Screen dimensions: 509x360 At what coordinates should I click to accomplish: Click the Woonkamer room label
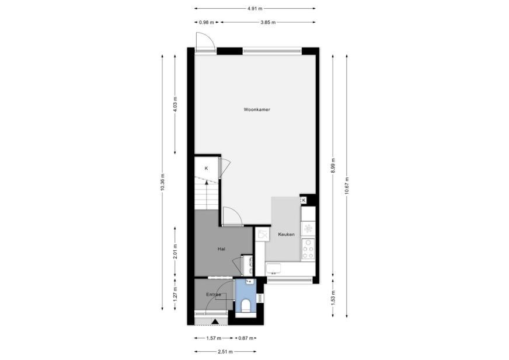point(257,110)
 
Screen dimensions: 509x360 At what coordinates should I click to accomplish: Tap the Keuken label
point(286,235)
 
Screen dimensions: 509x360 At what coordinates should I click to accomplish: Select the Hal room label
point(221,249)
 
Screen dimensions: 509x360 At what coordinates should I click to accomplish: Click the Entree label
point(214,295)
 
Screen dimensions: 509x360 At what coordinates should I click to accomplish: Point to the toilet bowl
point(246,306)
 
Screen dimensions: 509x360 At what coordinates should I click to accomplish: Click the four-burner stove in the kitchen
point(308,249)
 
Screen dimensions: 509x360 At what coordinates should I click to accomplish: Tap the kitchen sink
point(274,268)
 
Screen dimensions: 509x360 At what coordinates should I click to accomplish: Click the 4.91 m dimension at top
point(255,9)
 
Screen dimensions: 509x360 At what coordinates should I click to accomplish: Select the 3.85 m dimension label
point(268,22)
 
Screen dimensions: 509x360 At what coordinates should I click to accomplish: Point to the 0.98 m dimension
point(207,22)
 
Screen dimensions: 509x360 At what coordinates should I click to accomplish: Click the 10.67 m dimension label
point(347,186)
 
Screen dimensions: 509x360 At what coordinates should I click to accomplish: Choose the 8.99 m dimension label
point(333,166)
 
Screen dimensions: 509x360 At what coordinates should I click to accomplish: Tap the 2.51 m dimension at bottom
point(225,352)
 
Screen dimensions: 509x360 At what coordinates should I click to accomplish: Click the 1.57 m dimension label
point(214,338)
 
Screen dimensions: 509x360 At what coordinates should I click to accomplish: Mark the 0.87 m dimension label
point(246,338)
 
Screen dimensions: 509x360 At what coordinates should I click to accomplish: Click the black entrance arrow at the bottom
point(215,321)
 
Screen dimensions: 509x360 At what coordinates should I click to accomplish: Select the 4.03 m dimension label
point(175,104)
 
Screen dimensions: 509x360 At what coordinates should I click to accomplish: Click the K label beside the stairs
point(206,169)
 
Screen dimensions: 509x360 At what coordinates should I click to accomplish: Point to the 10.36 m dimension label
point(163,182)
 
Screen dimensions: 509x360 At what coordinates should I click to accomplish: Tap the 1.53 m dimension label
point(333,298)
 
